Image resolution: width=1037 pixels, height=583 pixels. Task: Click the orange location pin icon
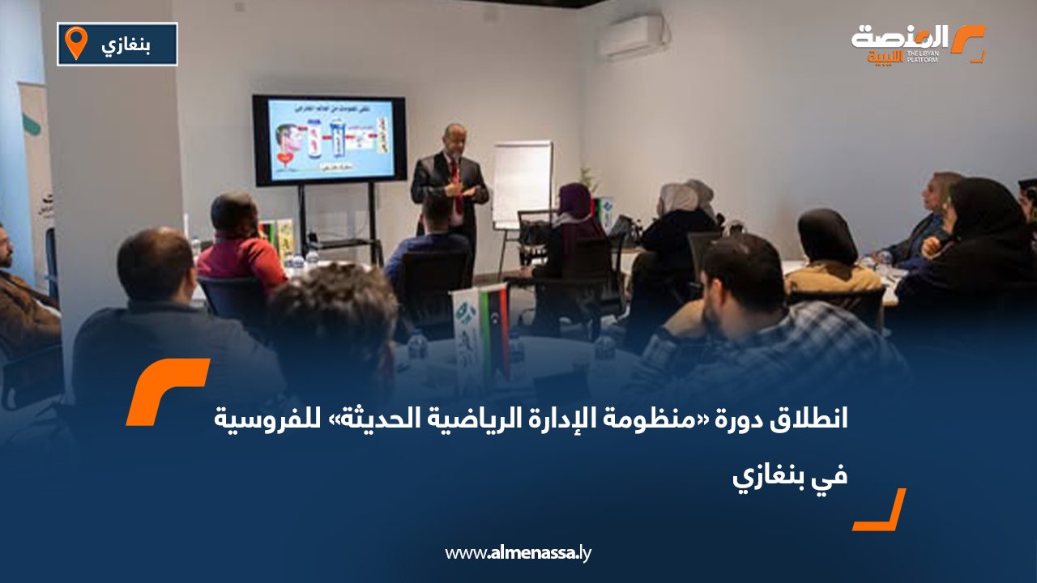(x=75, y=42)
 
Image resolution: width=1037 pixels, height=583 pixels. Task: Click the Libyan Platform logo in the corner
(x=917, y=44)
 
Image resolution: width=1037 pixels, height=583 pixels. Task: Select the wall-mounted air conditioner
(x=630, y=36)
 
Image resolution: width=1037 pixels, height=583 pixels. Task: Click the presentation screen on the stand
(x=328, y=139)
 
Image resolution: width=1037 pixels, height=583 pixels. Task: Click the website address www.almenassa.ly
(x=518, y=553)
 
